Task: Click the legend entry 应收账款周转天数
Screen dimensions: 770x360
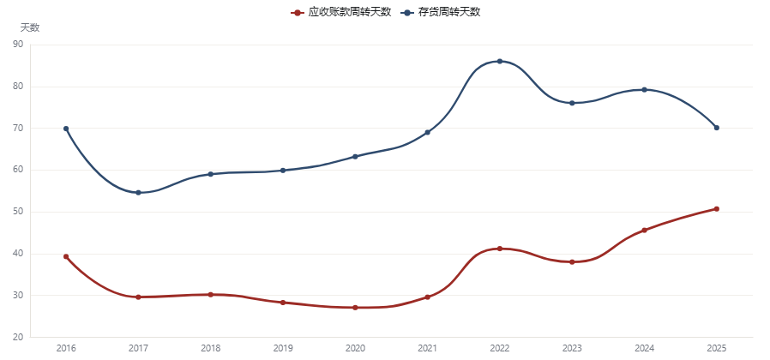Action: click(340, 12)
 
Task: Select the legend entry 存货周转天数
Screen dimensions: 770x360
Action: click(441, 12)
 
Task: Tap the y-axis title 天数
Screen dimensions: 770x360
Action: click(30, 28)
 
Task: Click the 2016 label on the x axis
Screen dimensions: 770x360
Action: click(66, 349)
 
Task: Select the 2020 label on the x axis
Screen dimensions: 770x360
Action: click(355, 349)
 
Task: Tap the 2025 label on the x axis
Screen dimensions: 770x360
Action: click(717, 349)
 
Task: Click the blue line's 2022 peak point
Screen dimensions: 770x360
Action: click(500, 62)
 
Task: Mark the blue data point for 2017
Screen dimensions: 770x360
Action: click(139, 193)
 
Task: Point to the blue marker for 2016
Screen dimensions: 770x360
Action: click(66, 129)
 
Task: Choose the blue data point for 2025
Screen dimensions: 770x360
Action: click(717, 128)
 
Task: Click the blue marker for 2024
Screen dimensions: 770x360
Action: click(644, 90)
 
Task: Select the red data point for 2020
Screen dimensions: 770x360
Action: click(355, 308)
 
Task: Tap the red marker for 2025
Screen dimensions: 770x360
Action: click(717, 209)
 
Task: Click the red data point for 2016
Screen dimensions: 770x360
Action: click(66, 256)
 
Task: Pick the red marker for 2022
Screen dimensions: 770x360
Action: click(500, 249)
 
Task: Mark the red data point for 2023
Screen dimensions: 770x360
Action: click(572, 261)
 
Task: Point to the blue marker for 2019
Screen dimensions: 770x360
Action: click(283, 171)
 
